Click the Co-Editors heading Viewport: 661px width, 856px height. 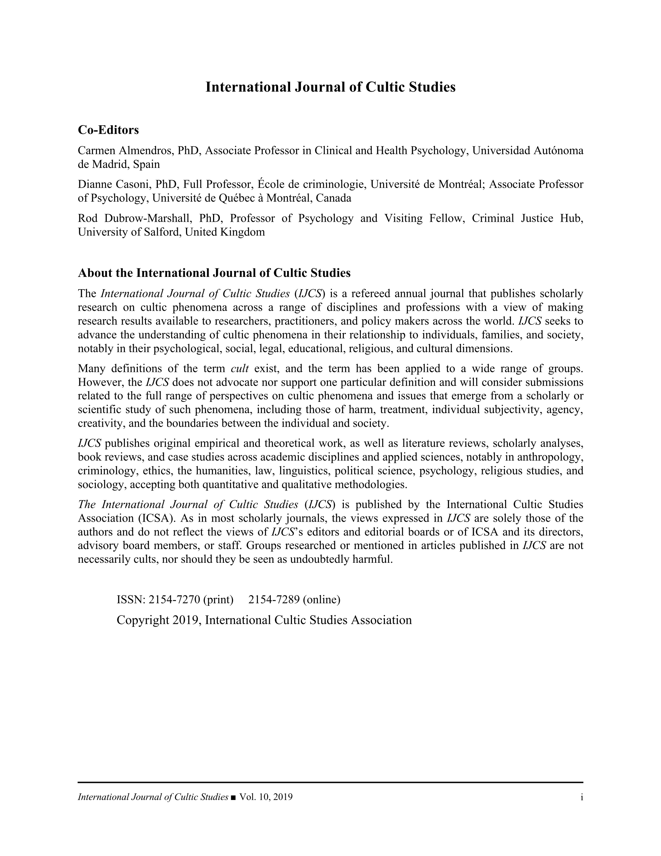tap(108, 130)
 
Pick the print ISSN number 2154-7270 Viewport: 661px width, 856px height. tap(175, 599)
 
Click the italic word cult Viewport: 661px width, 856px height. tap(240, 368)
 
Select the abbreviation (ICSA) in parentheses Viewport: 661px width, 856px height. tap(156, 518)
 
